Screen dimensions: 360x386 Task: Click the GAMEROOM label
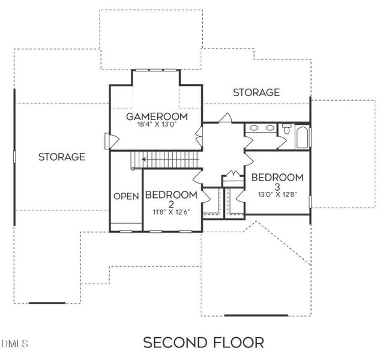click(157, 116)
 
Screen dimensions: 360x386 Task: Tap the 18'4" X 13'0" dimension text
click(157, 125)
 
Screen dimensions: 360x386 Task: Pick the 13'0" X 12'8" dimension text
click(277, 194)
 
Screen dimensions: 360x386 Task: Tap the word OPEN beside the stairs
click(126, 196)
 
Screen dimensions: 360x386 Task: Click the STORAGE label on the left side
click(61, 157)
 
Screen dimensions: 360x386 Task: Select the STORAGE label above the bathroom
click(256, 92)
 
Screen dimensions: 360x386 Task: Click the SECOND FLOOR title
click(203, 343)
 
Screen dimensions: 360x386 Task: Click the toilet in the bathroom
click(286, 129)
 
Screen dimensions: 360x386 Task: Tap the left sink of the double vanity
click(253, 127)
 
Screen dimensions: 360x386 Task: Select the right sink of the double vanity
click(268, 127)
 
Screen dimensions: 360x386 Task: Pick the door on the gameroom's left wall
click(107, 141)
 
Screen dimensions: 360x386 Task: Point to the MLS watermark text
click(14, 344)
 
